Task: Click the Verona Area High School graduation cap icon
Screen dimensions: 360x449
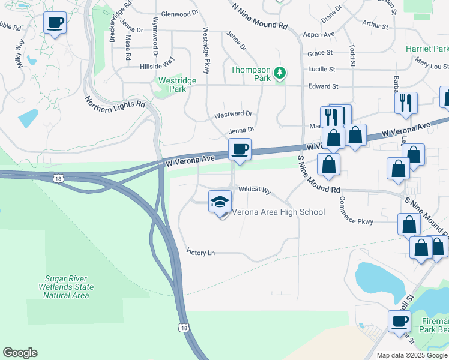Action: point(220,202)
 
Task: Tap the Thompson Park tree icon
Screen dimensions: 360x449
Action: point(279,73)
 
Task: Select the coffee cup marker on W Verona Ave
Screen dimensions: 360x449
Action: point(240,149)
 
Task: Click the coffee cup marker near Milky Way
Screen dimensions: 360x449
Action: point(55,23)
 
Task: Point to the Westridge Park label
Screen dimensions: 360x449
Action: point(172,85)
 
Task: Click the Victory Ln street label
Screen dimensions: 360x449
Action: point(200,253)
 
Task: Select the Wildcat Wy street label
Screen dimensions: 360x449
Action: point(255,190)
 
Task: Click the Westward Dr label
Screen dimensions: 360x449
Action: point(234,114)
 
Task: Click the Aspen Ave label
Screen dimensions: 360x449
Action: point(319,35)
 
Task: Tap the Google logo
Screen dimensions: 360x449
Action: point(20,353)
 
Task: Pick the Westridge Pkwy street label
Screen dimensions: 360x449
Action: point(206,50)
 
